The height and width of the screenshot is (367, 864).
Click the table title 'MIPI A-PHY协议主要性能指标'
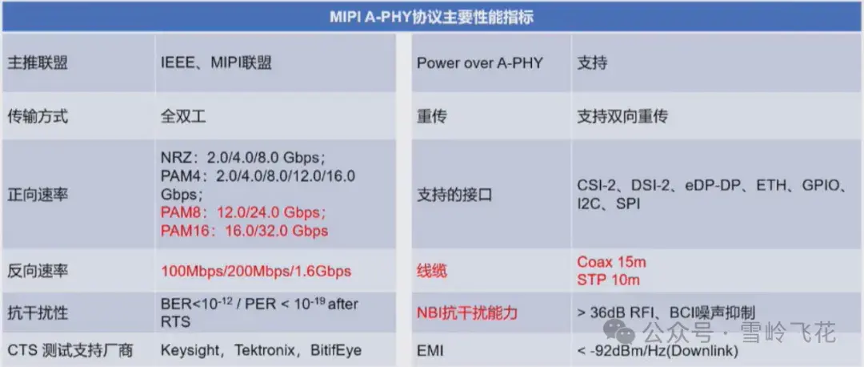coord(432,17)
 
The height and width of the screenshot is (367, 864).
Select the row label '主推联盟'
coord(38,63)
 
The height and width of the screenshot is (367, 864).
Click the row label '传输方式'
coord(38,116)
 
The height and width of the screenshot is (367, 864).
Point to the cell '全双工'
coord(183,116)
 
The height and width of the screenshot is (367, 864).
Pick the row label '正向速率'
coord(38,194)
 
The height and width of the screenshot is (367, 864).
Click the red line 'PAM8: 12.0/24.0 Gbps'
coord(243,213)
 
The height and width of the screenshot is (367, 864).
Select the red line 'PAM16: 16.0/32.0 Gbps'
coord(244,231)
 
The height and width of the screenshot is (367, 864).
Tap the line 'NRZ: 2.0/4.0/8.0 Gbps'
coord(242,158)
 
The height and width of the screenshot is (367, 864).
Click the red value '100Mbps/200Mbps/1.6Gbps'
coord(256,271)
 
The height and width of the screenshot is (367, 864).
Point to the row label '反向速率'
coord(38,271)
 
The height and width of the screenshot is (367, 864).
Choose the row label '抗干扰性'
coord(38,312)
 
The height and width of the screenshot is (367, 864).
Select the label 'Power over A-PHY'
coord(479,63)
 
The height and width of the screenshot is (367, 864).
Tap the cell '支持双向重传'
coord(622,116)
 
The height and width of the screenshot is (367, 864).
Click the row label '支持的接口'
coord(454,194)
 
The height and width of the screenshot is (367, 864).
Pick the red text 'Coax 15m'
coord(612,262)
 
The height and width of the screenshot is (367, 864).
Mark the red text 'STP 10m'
coord(608,280)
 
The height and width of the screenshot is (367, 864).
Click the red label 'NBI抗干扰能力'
coord(466,312)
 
